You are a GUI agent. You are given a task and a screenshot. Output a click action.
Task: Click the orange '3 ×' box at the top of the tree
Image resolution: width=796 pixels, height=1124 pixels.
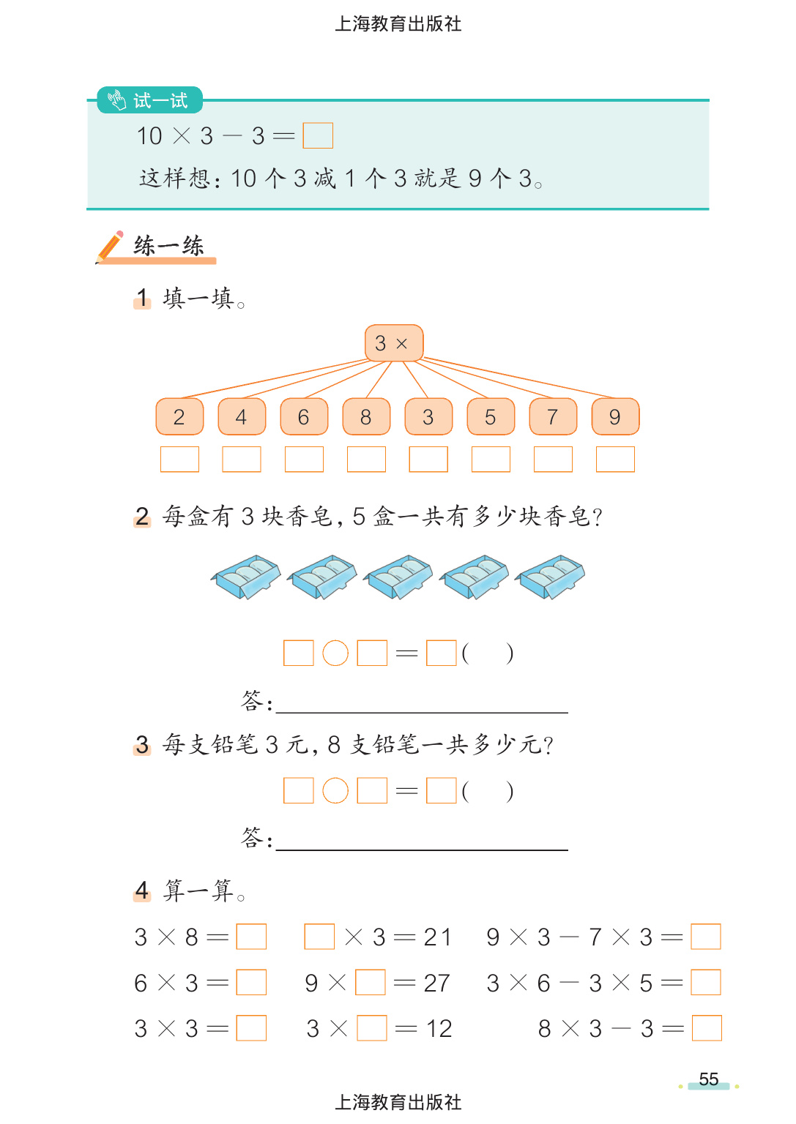[x=393, y=343]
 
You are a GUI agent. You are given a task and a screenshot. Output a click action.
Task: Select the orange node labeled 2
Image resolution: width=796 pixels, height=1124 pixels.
[x=179, y=417]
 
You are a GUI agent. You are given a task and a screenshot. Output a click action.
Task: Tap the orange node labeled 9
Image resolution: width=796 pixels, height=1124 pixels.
[x=615, y=417]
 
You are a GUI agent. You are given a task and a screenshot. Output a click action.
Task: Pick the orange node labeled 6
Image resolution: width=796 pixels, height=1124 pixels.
[x=304, y=417]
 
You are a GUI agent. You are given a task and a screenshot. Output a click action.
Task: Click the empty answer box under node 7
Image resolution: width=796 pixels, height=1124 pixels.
[x=553, y=460]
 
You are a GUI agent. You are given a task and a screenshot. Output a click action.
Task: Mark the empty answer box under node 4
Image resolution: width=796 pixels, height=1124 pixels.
[x=242, y=460]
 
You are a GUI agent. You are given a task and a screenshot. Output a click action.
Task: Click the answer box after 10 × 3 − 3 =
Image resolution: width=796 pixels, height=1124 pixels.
[x=318, y=135]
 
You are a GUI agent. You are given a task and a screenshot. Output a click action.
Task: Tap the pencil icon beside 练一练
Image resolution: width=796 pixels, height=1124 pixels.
[x=110, y=247]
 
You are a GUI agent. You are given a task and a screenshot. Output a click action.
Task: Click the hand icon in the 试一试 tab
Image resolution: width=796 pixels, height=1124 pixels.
[x=117, y=100]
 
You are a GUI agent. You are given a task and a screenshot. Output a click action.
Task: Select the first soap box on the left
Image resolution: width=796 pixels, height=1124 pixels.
[x=246, y=577]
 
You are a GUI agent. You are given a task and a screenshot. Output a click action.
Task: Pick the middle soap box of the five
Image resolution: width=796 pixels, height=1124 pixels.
[x=399, y=577]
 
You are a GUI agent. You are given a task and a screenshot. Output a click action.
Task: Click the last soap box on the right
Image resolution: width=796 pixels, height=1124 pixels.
[x=551, y=577]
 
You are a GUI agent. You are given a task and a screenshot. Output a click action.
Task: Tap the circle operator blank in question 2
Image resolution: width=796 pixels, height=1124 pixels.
[x=335, y=653]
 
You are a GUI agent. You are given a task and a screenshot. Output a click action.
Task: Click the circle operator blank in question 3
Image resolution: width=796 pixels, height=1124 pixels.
[x=335, y=791]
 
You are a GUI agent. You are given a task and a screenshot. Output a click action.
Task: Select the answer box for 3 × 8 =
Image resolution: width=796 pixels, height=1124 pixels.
[x=251, y=937]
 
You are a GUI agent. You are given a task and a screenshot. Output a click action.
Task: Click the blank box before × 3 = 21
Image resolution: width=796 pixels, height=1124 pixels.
[x=319, y=937]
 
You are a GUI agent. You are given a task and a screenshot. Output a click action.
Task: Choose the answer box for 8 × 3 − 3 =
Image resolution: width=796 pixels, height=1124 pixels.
[x=707, y=1028]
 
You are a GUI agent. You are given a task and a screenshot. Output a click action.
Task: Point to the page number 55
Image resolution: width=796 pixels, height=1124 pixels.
[x=708, y=1079]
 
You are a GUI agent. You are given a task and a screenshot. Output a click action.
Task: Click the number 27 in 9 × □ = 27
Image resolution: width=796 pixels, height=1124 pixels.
[x=436, y=983]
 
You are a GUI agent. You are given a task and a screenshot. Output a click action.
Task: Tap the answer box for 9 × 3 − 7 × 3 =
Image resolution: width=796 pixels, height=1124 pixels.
[x=706, y=937]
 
